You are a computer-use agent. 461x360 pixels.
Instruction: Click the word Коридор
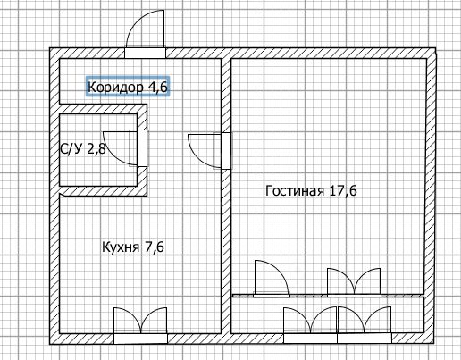(115, 88)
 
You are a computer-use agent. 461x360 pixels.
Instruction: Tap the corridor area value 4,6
(157, 87)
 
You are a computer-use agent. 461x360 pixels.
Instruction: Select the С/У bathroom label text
(71, 149)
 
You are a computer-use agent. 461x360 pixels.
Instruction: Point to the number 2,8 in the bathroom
(96, 149)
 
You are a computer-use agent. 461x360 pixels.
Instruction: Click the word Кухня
(121, 247)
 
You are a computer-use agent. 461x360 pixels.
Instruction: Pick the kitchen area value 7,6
(154, 247)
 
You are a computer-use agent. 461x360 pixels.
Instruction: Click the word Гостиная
(295, 190)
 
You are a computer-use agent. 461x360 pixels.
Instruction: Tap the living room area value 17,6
(343, 190)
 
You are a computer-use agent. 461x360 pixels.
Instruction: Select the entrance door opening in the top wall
(145, 53)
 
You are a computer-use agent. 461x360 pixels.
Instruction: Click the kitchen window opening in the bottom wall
(140, 339)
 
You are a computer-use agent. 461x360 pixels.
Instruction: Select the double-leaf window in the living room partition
(354, 282)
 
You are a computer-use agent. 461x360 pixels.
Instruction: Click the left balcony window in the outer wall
(310, 339)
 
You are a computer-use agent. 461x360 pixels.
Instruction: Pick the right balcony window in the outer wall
(365, 339)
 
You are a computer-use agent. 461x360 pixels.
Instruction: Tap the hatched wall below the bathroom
(104, 191)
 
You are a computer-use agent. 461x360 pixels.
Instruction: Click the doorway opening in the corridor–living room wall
(226, 151)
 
